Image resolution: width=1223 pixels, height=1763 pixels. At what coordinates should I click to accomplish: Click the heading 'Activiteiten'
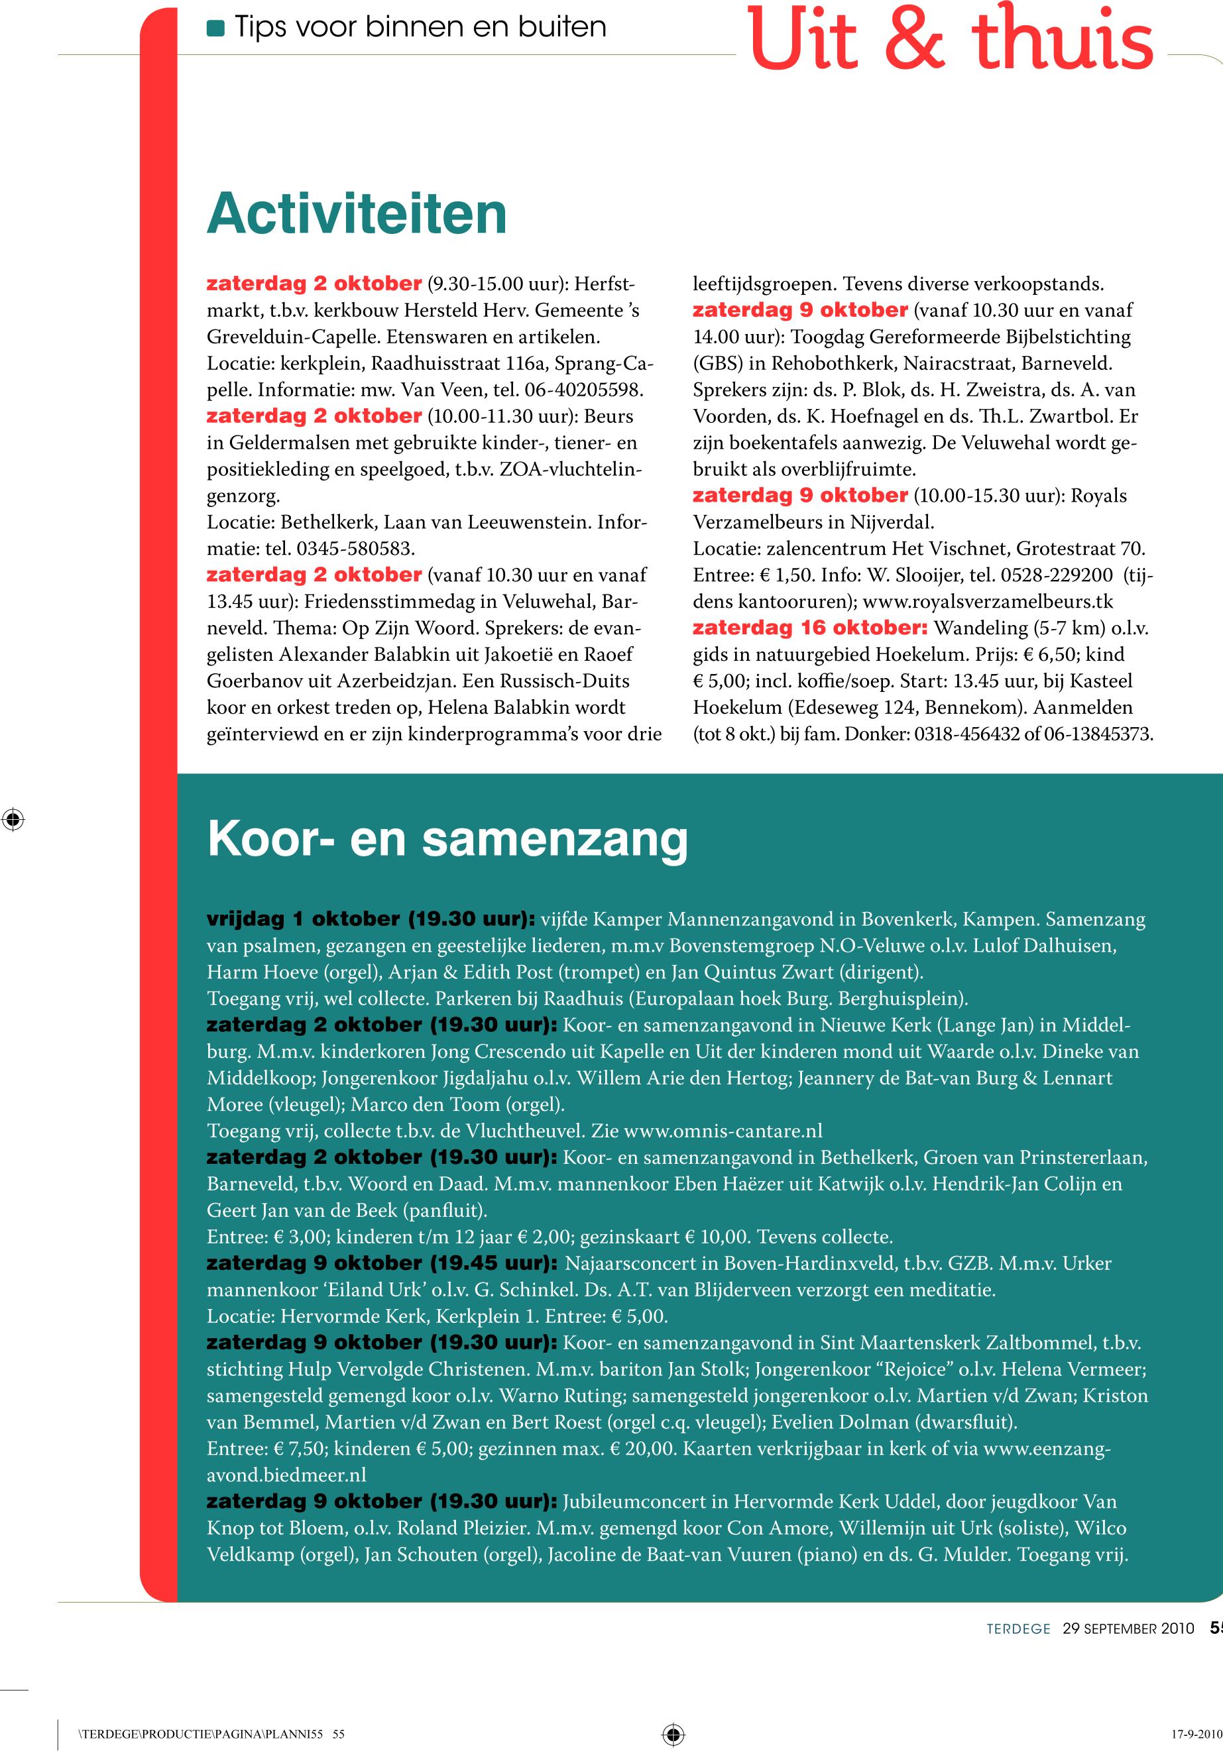tap(357, 215)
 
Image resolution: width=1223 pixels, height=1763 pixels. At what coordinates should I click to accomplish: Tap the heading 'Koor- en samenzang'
tap(447, 840)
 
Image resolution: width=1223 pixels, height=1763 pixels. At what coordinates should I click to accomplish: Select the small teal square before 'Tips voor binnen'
tap(215, 28)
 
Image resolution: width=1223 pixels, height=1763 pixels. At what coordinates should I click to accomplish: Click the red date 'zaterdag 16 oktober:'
tap(810, 628)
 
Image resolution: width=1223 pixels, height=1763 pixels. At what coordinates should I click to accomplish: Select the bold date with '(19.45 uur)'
tap(382, 1263)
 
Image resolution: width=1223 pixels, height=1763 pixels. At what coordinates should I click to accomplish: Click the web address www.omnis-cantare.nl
tap(723, 1131)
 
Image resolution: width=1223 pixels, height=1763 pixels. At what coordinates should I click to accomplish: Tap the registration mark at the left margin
tap(13, 820)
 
